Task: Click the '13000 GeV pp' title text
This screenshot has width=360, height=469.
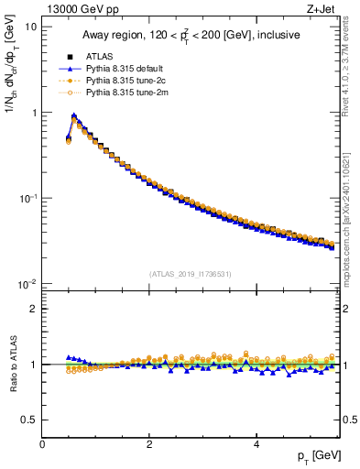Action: click(x=72, y=7)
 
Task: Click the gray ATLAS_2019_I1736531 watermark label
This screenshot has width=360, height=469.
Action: click(x=190, y=273)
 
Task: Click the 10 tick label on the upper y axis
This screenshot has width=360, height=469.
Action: click(x=30, y=27)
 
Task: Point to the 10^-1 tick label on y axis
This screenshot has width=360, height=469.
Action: click(x=27, y=198)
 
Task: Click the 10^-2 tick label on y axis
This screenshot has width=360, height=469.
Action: click(x=27, y=284)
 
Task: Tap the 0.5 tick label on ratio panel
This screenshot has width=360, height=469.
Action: click(x=28, y=420)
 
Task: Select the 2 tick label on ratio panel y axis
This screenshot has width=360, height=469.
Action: click(x=34, y=309)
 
